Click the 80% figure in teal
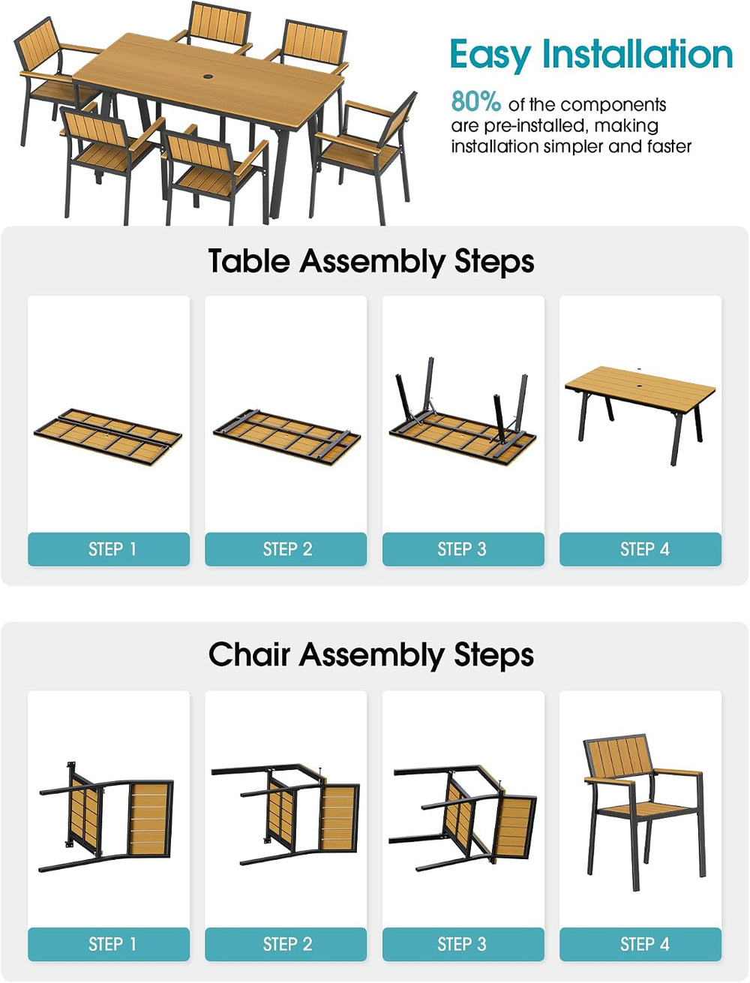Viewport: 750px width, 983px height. [x=475, y=101]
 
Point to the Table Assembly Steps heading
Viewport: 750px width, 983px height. [x=371, y=262]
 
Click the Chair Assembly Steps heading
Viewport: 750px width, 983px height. [x=371, y=655]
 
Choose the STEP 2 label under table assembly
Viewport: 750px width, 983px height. [x=287, y=549]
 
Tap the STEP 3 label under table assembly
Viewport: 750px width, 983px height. [x=462, y=549]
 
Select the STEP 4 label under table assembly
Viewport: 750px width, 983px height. [x=644, y=549]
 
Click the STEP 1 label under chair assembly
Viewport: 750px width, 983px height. [x=112, y=944]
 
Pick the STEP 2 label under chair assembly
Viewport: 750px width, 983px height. [x=287, y=944]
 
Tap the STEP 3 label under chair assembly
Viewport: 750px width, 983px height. [x=462, y=944]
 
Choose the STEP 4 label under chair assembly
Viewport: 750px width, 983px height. [x=644, y=944]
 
